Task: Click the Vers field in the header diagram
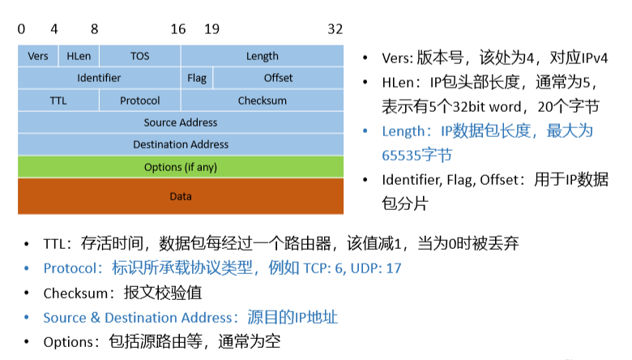[x=38, y=56]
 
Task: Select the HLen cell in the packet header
[x=79, y=56]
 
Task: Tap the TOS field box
[x=139, y=56]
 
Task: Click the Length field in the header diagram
[x=262, y=56]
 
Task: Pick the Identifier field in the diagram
[x=99, y=78]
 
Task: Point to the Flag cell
[x=197, y=78]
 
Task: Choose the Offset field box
[x=278, y=78]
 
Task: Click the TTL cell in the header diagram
[x=58, y=101]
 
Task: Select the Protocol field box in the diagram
[x=139, y=101]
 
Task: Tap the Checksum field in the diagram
[x=262, y=101]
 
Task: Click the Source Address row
[x=181, y=122]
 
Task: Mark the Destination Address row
[x=181, y=144]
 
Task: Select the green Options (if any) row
[x=181, y=167]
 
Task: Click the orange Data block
[x=181, y=196]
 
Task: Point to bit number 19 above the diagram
[x=211, y=29]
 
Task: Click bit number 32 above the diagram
[x=335, y=29]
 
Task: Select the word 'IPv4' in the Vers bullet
[x=589, y=58]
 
